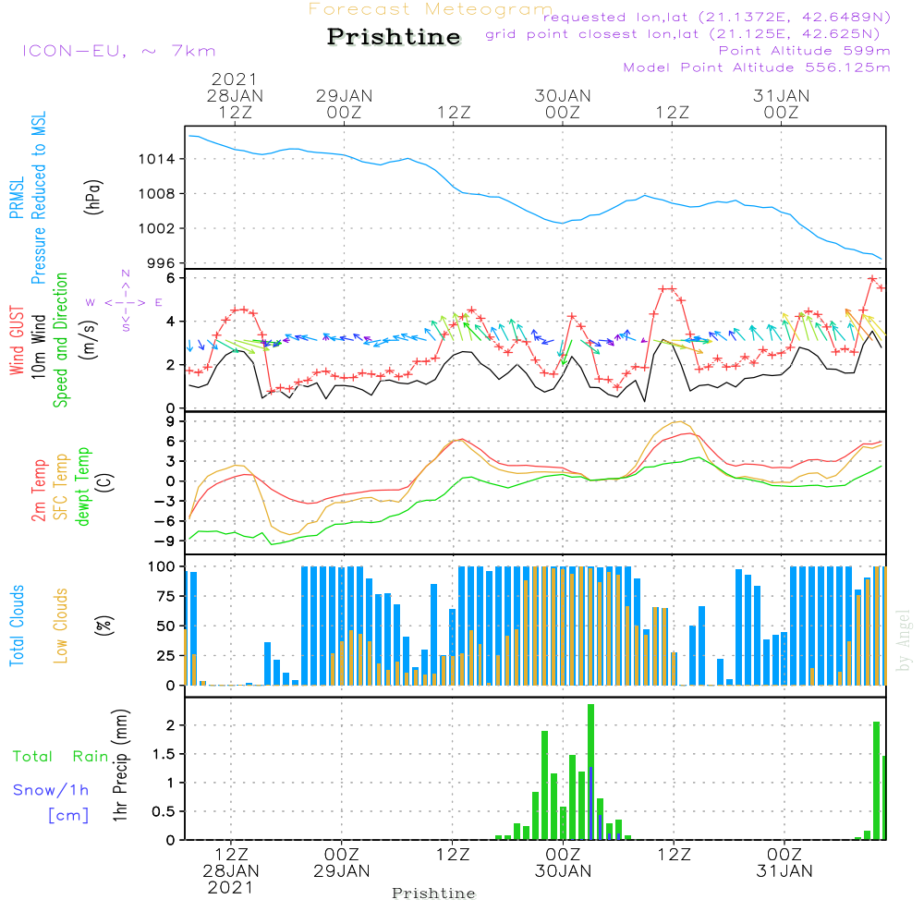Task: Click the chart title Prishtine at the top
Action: click(394, 37)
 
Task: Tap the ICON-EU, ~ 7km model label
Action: click(117, 51)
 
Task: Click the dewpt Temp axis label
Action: click(83, 486)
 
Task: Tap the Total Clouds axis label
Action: click(18, 625)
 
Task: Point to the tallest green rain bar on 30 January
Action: click(590, 772)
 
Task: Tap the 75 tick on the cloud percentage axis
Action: click(169, 596)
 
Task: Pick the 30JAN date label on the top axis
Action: click(563, 95)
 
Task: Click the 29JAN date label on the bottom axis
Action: click(342, 870)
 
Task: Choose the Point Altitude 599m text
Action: click(804, 51)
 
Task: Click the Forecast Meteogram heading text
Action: click(431, 9)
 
